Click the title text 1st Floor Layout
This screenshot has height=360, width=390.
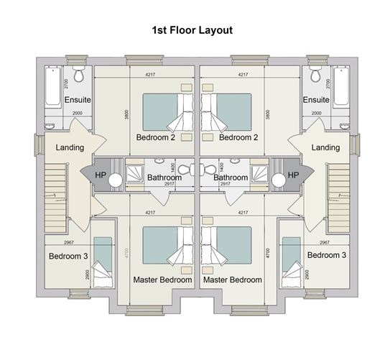tap(192, 30)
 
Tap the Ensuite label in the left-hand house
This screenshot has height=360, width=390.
tap(77, 99)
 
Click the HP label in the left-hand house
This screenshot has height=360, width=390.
tap(101, 175)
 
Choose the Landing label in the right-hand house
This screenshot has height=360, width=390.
tap(325, 147)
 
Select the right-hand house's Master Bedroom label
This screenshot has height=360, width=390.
tap(231, 280)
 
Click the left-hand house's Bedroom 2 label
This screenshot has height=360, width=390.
tap(157, 137)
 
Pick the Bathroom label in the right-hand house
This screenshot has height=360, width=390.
tap(231, 177)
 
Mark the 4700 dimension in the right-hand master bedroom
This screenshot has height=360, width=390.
tap(267, 252)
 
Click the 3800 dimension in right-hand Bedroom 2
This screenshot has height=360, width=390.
tap(267, 114)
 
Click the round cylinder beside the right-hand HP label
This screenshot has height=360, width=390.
tap(277, 181)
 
